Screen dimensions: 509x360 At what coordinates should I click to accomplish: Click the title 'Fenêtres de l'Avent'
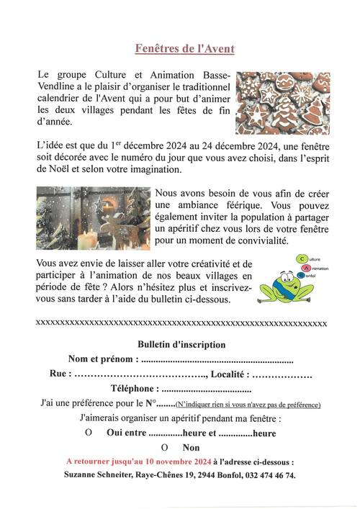pyautogui.click(x=185, y=49)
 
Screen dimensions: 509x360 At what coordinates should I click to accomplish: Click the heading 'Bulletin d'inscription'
pyautogui.click(x=181, y=344)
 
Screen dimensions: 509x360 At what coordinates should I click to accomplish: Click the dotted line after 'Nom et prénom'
pyautogui.click(x=217, y=360)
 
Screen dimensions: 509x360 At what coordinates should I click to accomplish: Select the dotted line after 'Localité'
pyautogui.click(x=283, y=375)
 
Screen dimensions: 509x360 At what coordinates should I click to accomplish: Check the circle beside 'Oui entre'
pyautogui.click(x=88, y=433)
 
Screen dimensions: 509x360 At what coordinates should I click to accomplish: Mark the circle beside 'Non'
pyautogui.click(x=164, y=449)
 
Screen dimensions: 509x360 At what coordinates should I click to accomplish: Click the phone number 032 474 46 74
pyautogui.click(x=268, y=475)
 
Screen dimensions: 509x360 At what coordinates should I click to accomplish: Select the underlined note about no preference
pyautogui.click(x=248, y=405)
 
